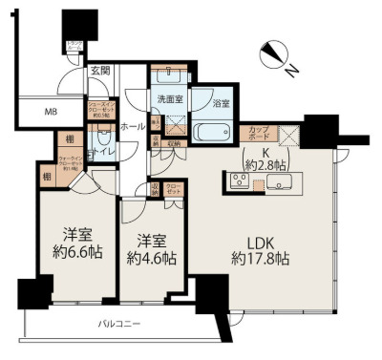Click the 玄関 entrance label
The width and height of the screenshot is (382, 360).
(x=100, y=69)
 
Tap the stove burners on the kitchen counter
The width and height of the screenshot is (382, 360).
(x=238, y=183)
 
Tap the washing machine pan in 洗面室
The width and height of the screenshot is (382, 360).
(x=172, y=124)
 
